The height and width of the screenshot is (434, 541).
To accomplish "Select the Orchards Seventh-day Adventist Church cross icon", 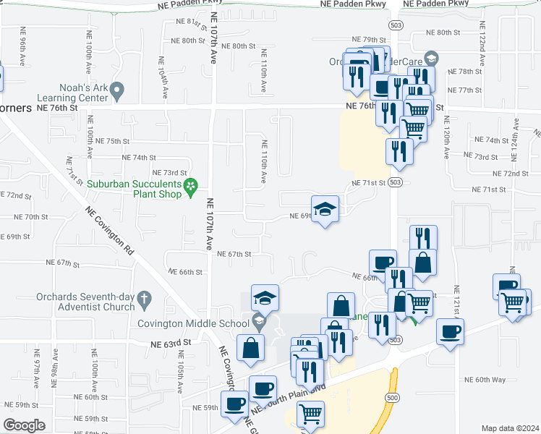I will pyautogui.click(x=144, y=298).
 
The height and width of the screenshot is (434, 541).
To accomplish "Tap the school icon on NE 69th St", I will pyautogui.click(x=325, y=208).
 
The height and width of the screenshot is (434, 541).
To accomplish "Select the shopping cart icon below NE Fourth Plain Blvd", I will pyautogui.click(x=310, y=414).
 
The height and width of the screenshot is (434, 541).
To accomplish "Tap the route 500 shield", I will pyautogui.click(x=392, y=398).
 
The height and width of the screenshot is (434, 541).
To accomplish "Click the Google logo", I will pyautogui.click(x=24, y=425).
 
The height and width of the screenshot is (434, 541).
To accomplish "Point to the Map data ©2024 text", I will pyautogui.click(x=510, y=428).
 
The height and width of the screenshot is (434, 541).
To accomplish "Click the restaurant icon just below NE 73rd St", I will pyautogui.click(x=399, y=151).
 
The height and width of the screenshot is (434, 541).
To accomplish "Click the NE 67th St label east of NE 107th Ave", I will pyautogui.click(x=234, y=254).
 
